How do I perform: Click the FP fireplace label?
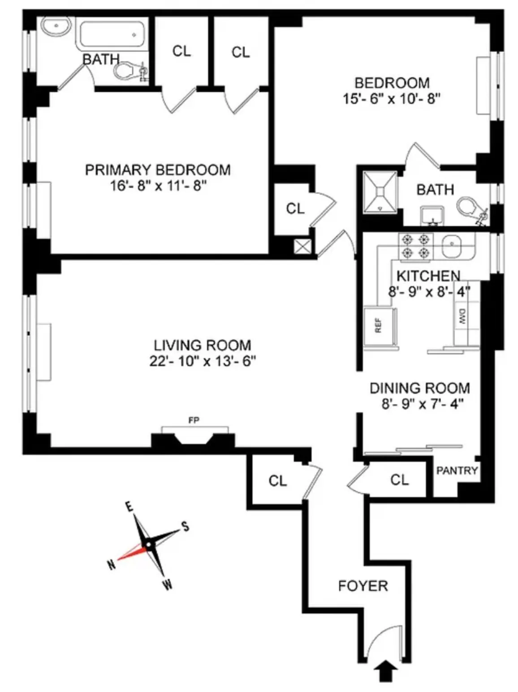pos(194,420)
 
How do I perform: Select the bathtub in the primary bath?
pos(112,34)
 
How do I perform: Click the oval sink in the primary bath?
pos(56,26)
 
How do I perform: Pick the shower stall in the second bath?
pos(380,192)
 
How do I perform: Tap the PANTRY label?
pos(457,470)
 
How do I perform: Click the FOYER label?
pos(363,586)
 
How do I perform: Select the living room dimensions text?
pos(203,361)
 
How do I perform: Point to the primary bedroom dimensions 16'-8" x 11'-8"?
pos(158,185)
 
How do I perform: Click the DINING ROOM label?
pos(419,388)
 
